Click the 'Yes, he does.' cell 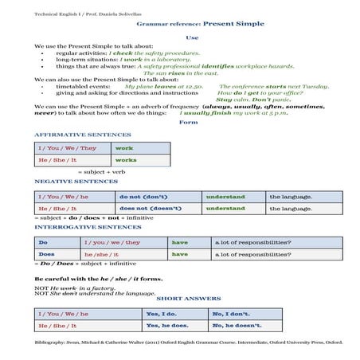(169, 326)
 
